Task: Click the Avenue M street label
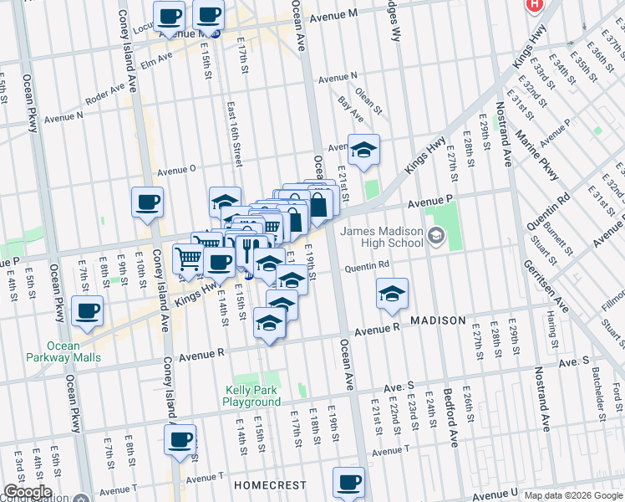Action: click(x=333, y=17)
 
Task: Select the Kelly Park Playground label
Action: click(x=252, y=396)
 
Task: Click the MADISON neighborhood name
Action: click(x=437, y=320)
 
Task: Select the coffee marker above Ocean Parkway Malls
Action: click(x=87, y=311)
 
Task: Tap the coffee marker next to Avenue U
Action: click(x=349, y=482)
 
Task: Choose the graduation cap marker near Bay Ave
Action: click(x=363, y=150)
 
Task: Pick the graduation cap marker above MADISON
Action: click(x=392, y=294)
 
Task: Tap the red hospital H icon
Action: click(x=534, y=4)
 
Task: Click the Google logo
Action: click(x=27, y=492)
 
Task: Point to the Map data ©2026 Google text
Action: click(x=572, y=495)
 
